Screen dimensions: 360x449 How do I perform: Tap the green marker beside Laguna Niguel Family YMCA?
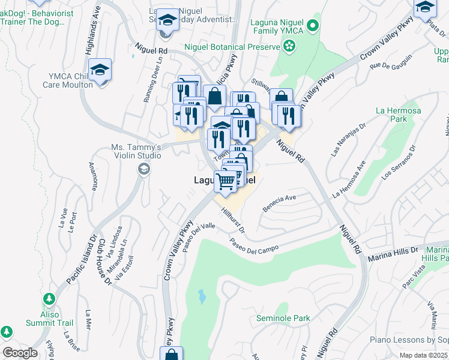(312, 25)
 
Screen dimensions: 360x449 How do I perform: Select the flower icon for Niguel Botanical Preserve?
(289, 46)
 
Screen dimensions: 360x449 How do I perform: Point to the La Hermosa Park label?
(391, 115)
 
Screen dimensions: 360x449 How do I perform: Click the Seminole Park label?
(283, 318)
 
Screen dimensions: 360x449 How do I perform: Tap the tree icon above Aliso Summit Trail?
(49, 299)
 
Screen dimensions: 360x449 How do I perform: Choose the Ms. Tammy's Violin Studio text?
(136, 151)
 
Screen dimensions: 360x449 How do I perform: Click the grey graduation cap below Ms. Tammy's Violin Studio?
(143, 170)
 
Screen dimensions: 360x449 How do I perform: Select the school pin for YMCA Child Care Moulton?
(101, 69)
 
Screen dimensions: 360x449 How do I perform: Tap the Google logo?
(20, 353)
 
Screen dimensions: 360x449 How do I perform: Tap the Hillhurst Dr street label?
(233, 220)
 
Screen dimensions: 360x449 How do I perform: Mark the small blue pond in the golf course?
(202, 296)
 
